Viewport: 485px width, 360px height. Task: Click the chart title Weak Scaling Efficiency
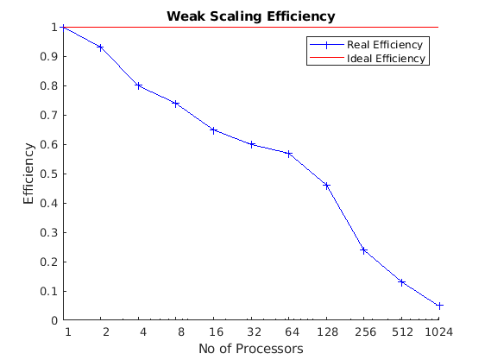click(x=250, y=16)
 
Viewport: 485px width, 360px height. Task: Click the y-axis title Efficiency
click(x=29, y=174)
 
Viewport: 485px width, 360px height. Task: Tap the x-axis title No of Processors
click(x=250, y=349)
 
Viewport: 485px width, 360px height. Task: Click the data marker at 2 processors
click(x=101, y=47)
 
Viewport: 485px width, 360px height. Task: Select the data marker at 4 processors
click(x=138, y=85)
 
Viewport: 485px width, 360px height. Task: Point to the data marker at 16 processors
click(x=213, y=129)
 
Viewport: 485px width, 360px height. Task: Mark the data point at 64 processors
click(x=289, y=153)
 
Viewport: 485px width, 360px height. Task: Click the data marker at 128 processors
click(x=326, y=186)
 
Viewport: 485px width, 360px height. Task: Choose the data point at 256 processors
click(x=364, y=250)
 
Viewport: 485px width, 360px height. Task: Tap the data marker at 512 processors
click(x=401, y=282)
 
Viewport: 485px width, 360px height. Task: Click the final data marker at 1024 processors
click(x=439, y=306)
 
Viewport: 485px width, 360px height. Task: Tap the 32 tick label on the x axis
click(x=251, y=332)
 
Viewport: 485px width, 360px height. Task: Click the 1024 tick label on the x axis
click(x=439, y=332)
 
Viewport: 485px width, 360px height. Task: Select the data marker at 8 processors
click(x=176, y=104)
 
